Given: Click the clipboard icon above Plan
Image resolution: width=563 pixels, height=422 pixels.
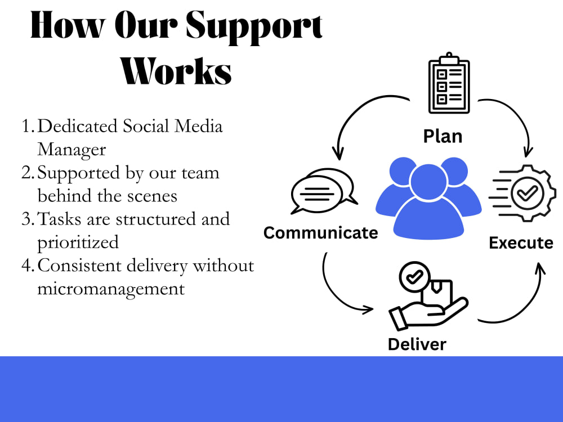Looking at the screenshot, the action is (449, 83).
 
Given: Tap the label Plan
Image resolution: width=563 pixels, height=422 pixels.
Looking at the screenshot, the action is (443, 136).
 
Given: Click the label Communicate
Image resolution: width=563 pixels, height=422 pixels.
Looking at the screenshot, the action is (321, 233).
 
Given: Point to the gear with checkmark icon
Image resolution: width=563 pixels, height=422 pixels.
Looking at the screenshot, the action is (523, 193).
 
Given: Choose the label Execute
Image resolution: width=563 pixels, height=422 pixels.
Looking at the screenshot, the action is (521, 243).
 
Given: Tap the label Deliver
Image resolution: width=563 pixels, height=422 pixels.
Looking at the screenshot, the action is (417, 344).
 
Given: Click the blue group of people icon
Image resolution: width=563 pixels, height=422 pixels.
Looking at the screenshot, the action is (428, 198).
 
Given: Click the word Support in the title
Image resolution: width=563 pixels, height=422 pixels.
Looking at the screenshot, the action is (254, 26).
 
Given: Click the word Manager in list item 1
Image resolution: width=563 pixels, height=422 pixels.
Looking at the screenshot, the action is (72, 150).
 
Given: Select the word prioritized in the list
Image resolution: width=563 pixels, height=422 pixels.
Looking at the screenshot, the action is (78, 243).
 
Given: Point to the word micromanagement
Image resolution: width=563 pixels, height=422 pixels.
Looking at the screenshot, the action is (111, 289).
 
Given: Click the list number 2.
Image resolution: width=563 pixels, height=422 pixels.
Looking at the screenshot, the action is (28, 173).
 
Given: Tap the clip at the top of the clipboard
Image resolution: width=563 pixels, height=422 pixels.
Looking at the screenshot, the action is (449, 59).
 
